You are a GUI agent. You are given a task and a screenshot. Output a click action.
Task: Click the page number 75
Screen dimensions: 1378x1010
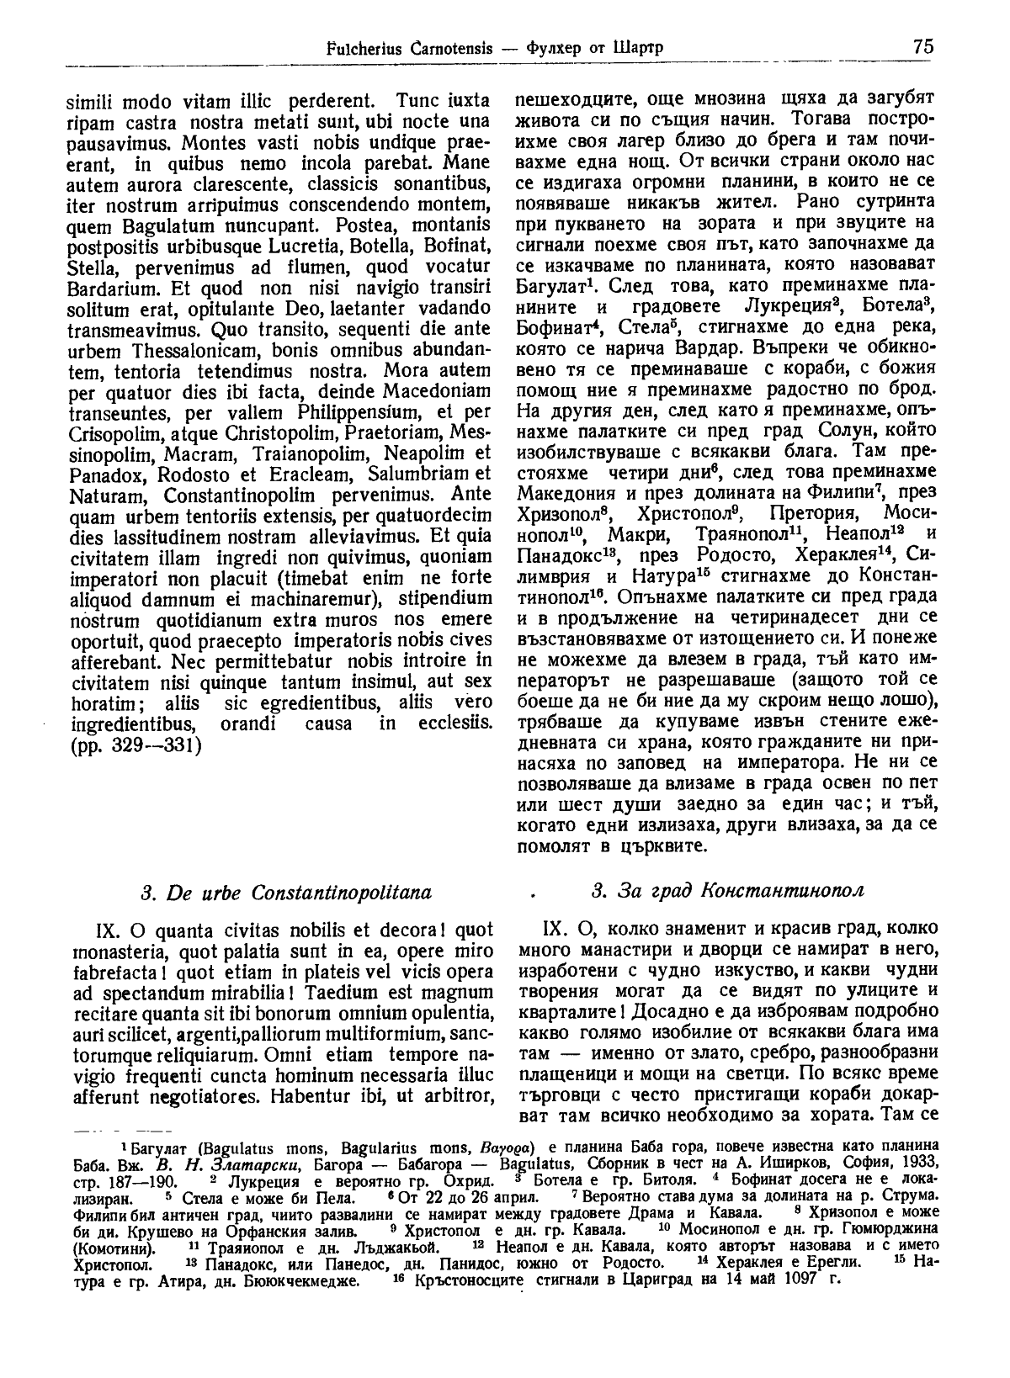pos(922,46)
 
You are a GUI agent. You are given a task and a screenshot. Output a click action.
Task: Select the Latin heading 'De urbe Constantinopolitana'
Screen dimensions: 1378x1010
pos(286,891)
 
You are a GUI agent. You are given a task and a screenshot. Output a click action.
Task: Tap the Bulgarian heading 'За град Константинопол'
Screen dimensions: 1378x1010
pos(728,891)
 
